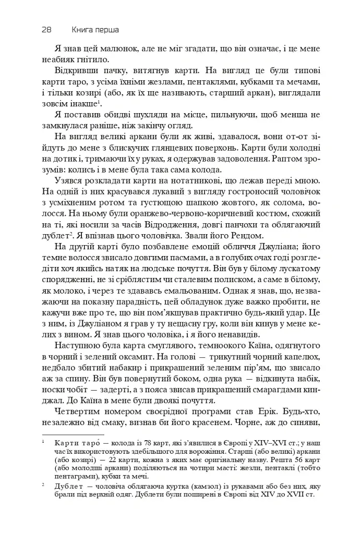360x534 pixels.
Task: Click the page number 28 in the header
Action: click(45, 30)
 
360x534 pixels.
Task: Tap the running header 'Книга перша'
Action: click(95, 30)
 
